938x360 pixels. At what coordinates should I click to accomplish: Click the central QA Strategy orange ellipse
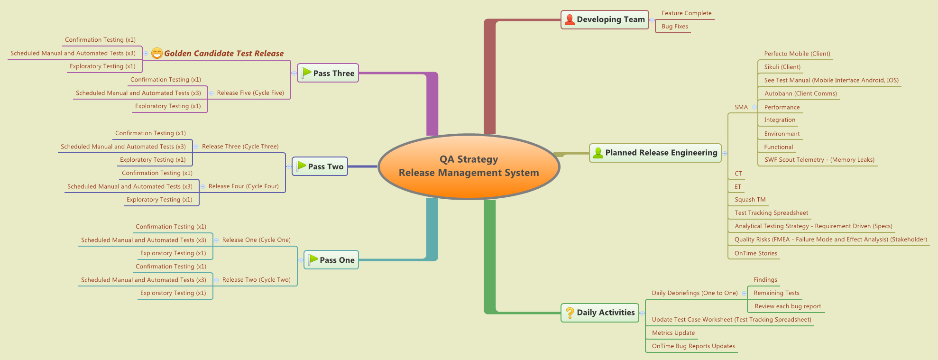469,166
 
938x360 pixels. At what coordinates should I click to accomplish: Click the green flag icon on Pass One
313,259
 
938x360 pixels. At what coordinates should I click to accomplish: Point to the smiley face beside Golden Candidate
157,54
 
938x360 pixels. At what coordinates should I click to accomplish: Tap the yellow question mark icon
570,313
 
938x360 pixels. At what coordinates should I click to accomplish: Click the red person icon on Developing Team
570,20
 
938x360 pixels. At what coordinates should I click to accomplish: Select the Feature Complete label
686,13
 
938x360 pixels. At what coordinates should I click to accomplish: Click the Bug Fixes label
674,27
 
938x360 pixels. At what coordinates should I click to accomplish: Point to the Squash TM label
750,200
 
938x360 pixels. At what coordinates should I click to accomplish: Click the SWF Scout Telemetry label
819,160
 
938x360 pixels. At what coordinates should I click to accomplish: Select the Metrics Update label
673,333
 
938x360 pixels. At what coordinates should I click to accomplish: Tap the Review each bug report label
787,306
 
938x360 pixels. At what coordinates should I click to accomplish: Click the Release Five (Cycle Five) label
250,93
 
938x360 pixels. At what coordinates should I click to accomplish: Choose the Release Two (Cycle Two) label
256,280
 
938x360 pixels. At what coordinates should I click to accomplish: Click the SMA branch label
741,107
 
